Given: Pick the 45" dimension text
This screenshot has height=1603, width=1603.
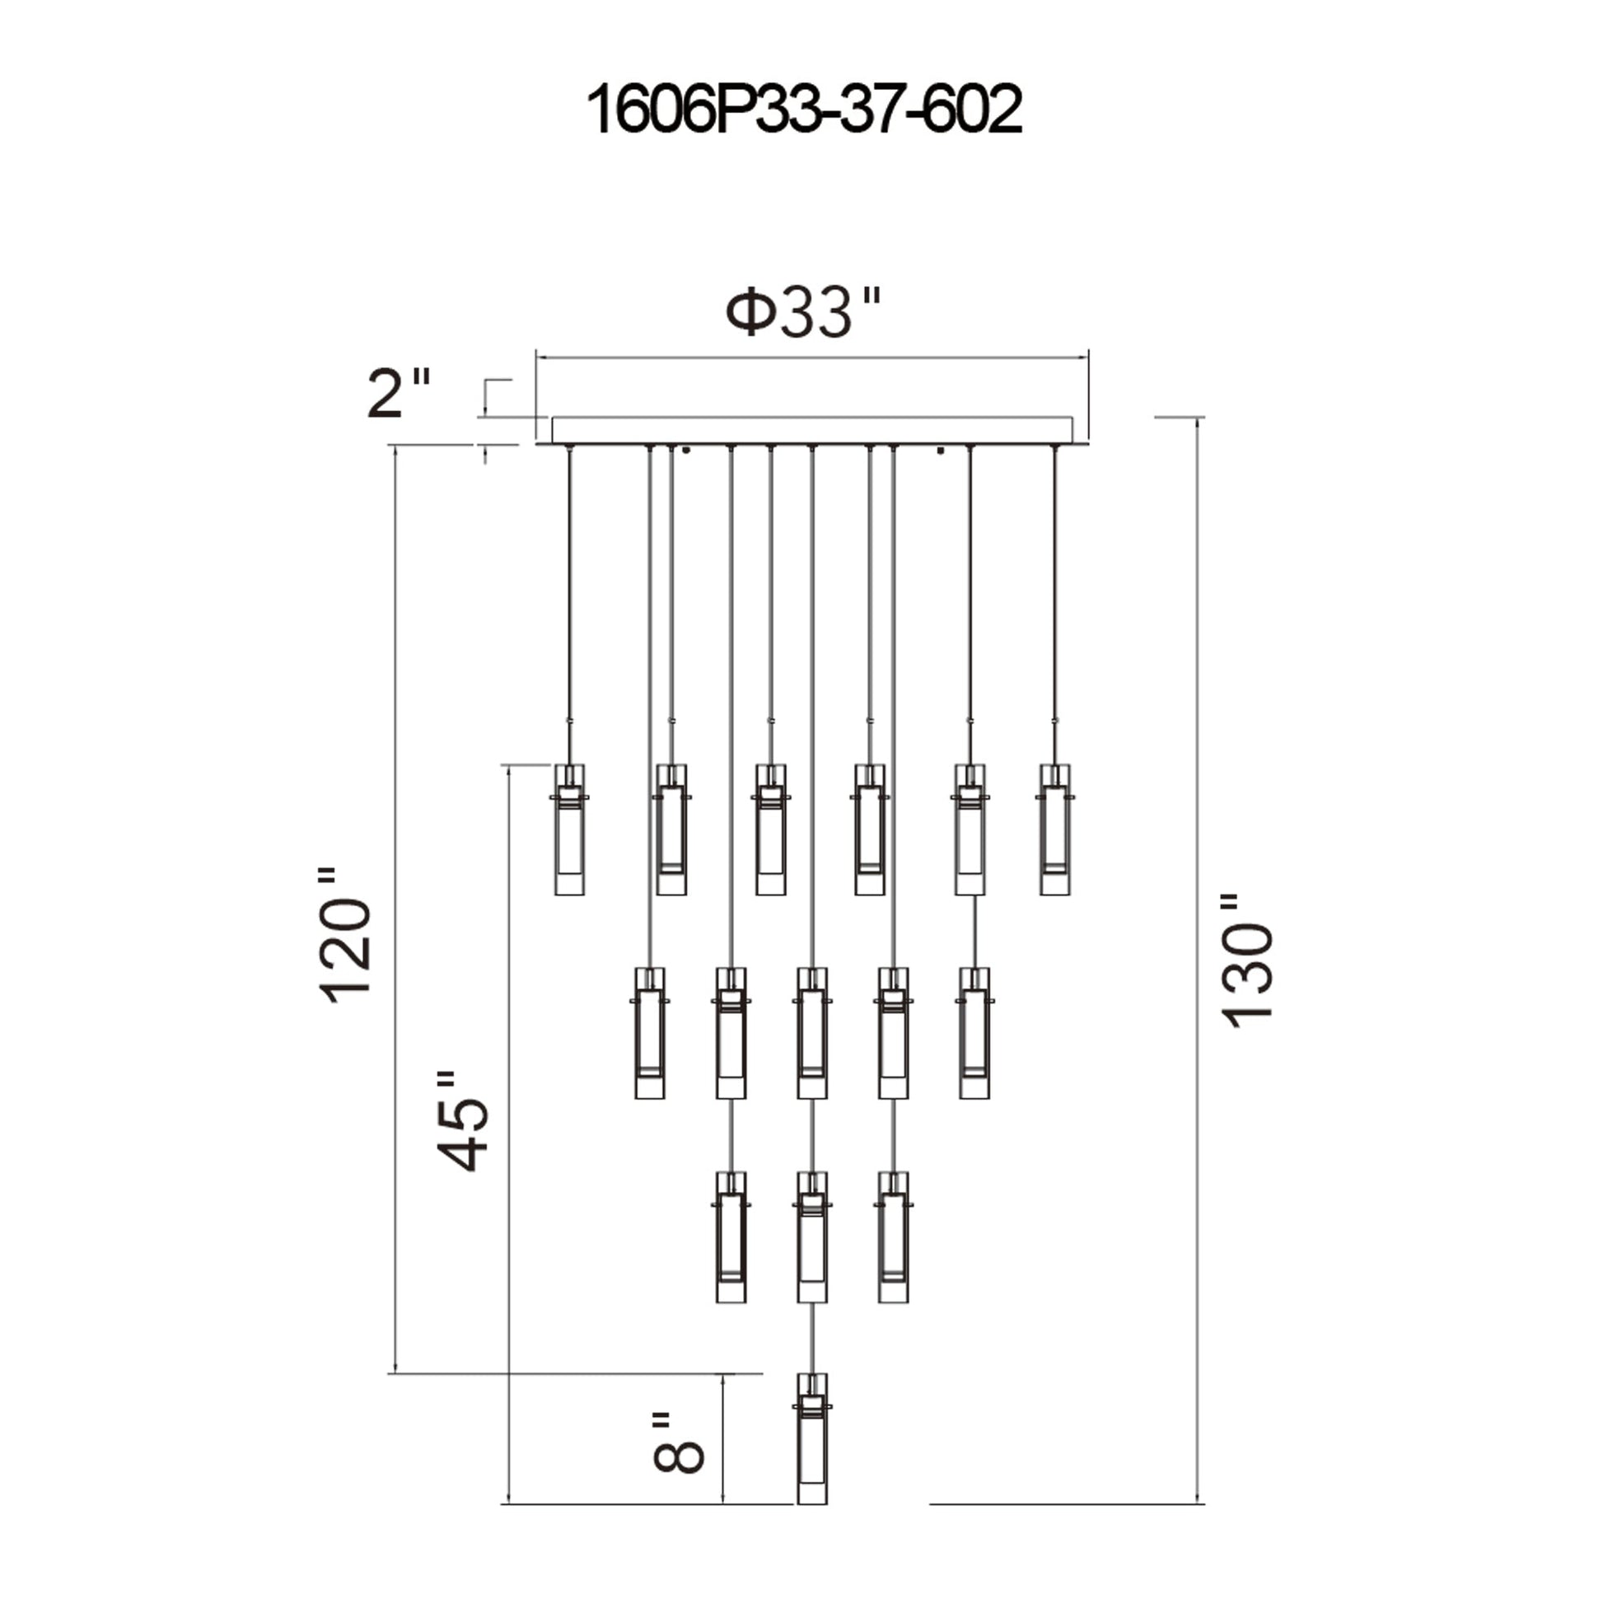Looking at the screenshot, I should (461, 1121).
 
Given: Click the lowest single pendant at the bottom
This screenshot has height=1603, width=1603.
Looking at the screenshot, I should (812, 1450).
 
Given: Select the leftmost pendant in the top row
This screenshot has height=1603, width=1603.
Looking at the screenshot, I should (569, 829).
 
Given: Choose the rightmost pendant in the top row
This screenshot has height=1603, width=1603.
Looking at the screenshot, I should (1054, 829).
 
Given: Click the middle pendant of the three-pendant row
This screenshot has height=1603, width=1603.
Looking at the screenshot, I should (812, 1237).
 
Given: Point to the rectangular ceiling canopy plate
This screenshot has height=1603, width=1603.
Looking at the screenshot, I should (811, 431).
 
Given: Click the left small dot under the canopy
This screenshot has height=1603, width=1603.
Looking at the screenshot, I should (686, 451).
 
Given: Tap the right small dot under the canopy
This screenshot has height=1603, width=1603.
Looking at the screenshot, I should (940, 451).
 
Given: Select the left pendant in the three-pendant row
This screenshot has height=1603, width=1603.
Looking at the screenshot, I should (731, 1237).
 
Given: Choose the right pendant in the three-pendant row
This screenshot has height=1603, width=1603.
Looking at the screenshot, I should (894, 1237).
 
